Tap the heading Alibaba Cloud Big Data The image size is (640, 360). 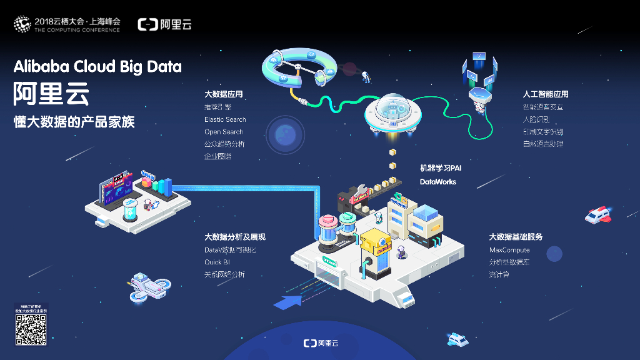click(x=97, y=66)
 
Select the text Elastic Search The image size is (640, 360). click(x=225, y=119)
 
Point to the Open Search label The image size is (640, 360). click(x=223, y=132)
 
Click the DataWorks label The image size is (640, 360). click(x=437, y=182)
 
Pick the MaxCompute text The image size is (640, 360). click(x=509, y=250)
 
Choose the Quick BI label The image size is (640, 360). click(x=217, y=262)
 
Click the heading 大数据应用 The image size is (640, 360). click(x=223, y=94)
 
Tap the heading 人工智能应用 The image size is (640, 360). click(x=546, y=94)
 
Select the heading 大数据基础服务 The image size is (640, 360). click(x=516, y=237)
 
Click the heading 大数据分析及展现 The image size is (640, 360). click(x=235, y=237)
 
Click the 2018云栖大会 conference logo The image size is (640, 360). click(x=67, y=24)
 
